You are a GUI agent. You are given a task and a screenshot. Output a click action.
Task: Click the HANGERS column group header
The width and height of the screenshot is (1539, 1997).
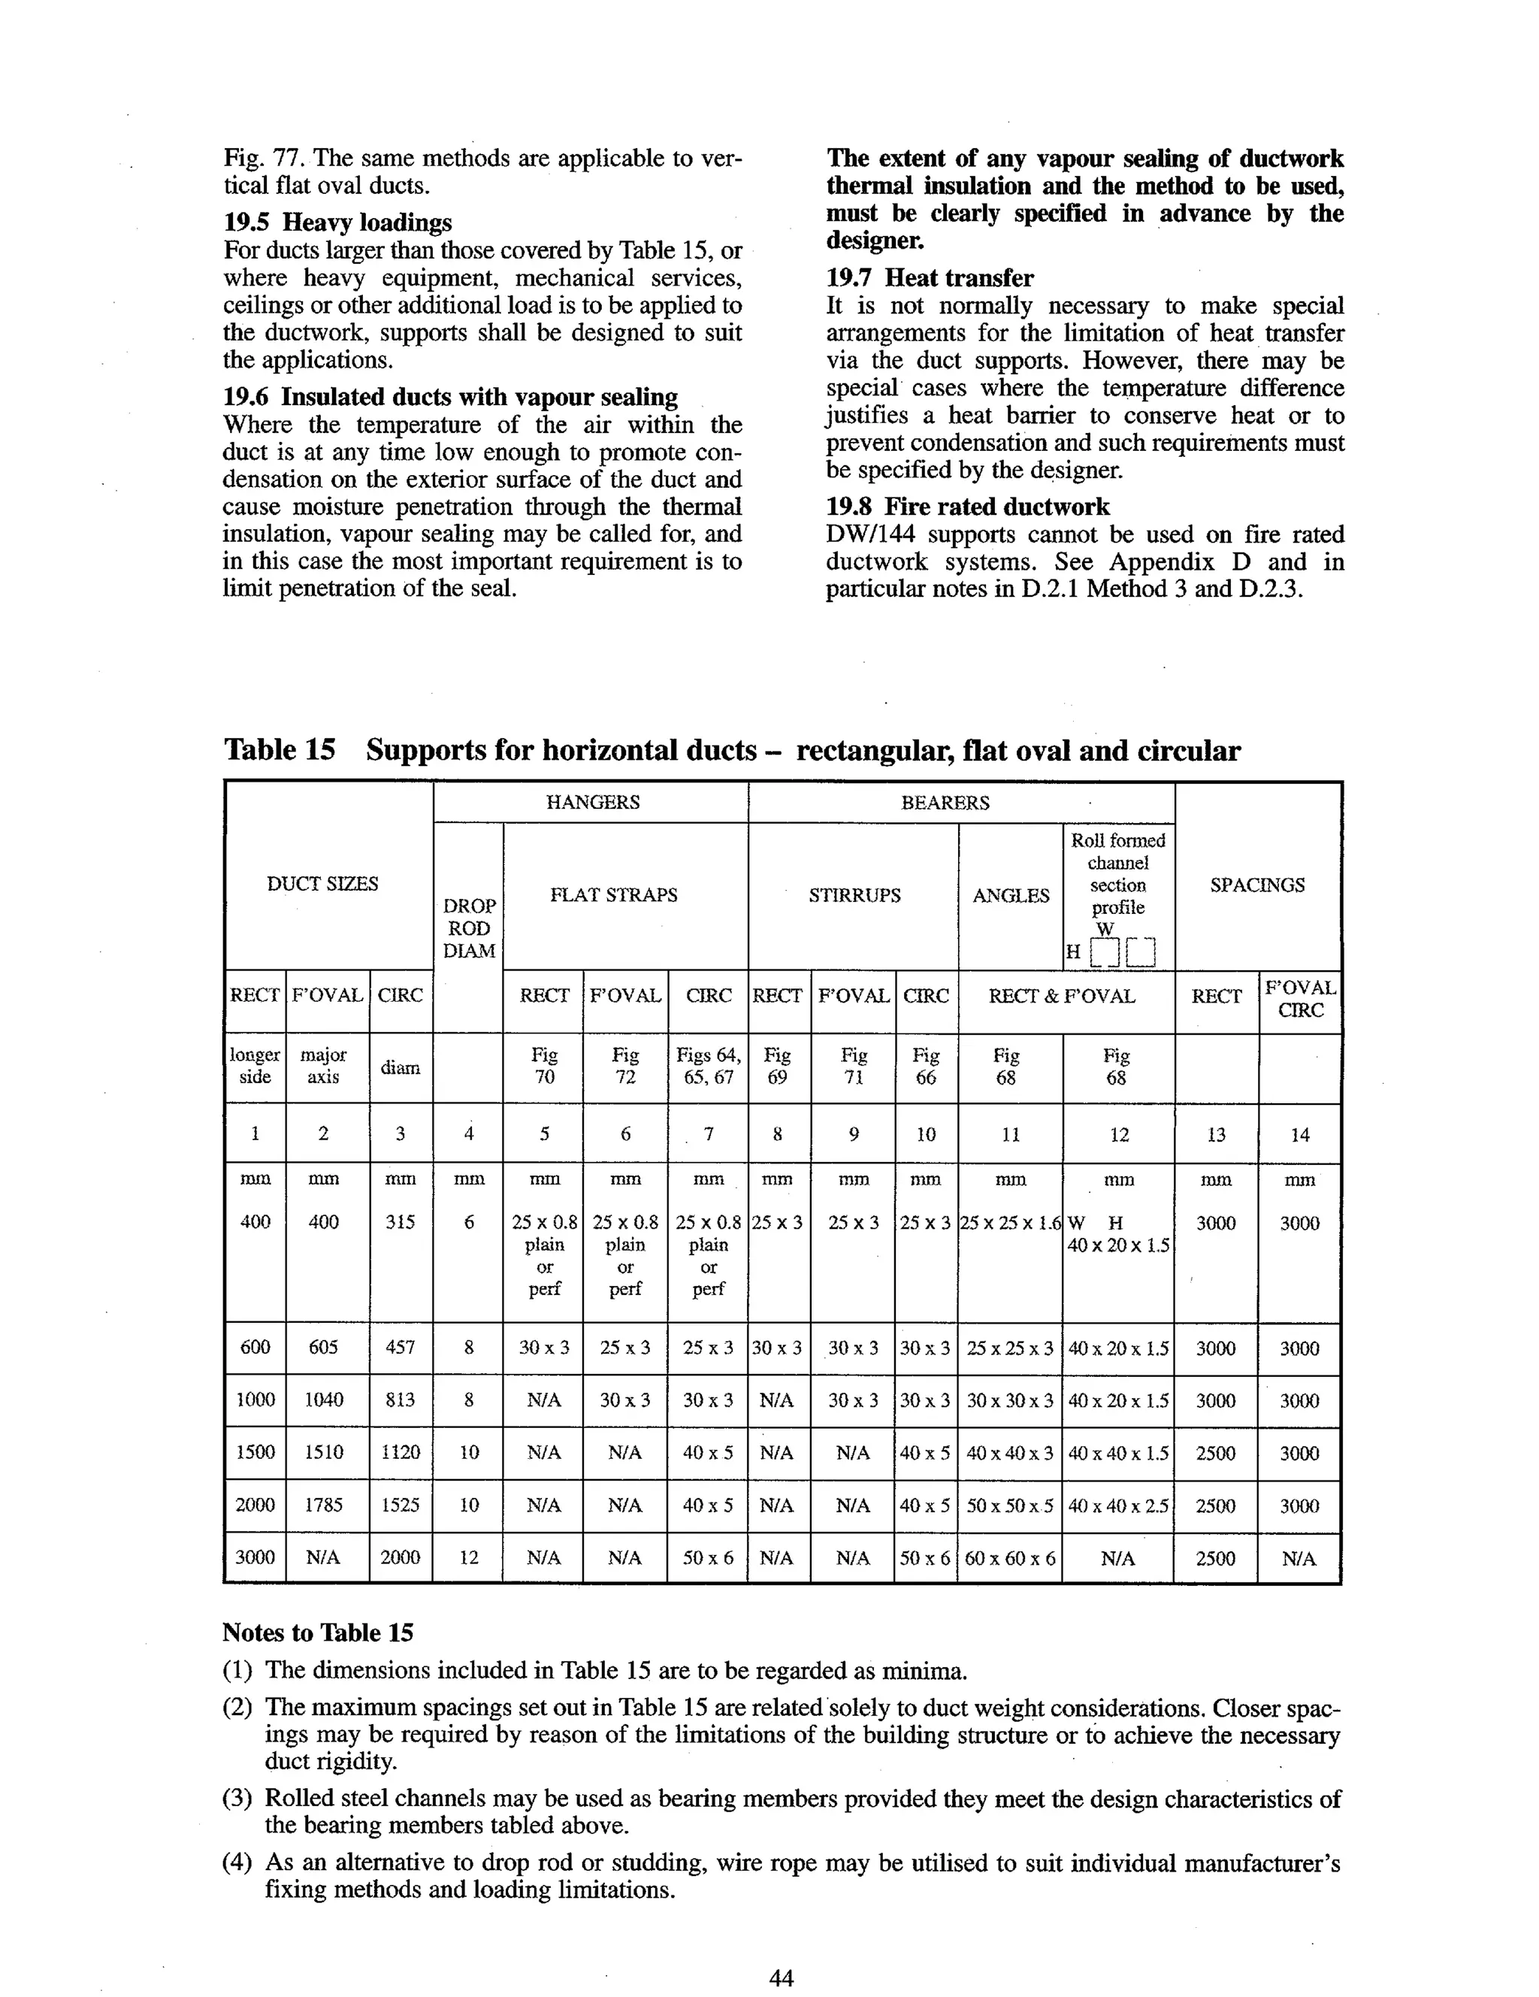tap(591, 802)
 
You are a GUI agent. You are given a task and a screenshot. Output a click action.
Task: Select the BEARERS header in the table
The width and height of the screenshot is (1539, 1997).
tap(945, 802)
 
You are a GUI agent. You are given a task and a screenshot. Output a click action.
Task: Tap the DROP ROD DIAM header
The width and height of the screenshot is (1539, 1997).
tap(468, 927)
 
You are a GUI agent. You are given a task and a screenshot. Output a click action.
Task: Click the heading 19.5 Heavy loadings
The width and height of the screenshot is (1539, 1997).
tap(337, 222)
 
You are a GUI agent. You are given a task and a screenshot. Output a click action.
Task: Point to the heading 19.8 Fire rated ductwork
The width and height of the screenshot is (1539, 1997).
tap(967, 507)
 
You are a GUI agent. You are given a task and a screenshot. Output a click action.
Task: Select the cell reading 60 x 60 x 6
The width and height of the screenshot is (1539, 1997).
tap(1009, 1558)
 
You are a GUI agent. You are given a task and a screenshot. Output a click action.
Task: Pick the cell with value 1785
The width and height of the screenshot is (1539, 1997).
tap(324, 1505)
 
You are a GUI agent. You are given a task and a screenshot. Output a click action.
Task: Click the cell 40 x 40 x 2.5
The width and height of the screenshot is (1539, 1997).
tap(1118, 1505)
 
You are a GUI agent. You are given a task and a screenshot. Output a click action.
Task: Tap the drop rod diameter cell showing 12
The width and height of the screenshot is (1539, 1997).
tap(468, 1558)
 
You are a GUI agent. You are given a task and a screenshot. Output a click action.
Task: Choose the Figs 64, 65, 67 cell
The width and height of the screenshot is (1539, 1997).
tap(708, 1067)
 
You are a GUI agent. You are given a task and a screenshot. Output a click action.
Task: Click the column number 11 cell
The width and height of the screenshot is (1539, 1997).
tap(1009, 1135)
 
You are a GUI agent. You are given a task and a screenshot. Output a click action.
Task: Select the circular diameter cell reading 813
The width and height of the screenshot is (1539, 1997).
tap(401, 1400)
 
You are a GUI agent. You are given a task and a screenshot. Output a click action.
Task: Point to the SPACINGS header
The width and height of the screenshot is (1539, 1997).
tap(1256, 884)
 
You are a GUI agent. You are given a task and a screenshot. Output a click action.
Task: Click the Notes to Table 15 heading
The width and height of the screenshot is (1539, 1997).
tap(317, 1632)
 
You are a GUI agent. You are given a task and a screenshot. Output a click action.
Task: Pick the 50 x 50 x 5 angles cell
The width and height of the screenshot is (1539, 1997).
tap(1009, 1505)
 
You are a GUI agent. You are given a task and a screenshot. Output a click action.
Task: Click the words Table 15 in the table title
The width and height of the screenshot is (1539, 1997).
tap(280, 750)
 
